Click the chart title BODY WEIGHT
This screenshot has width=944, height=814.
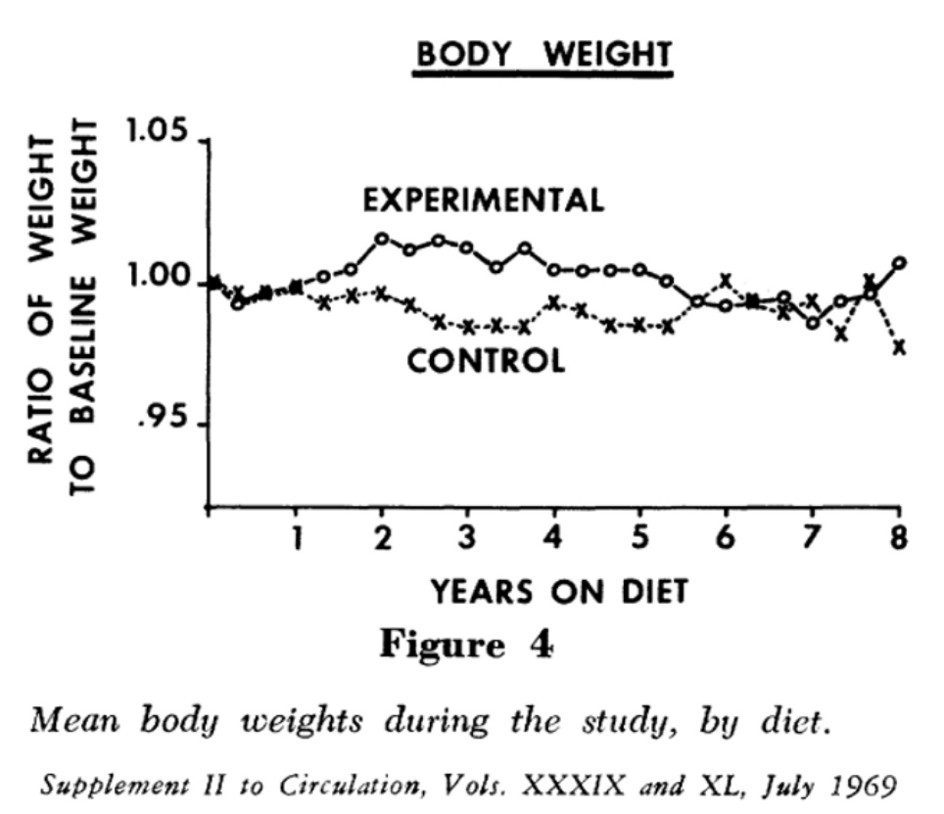point(544,54)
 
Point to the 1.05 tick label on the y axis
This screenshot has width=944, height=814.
point(157,134)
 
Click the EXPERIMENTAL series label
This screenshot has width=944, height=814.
point(484,201)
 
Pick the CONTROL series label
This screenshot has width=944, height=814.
point(486,362)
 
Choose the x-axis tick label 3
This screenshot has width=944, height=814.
point(468,539)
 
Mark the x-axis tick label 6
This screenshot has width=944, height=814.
point(726,539)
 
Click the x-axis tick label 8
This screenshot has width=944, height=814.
point(898,539)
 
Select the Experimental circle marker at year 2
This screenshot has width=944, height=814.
point(382,238)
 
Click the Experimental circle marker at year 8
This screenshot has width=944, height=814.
point(899,262)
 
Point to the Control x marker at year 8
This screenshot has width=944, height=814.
point(899,346)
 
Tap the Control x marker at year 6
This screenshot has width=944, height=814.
point(726,281)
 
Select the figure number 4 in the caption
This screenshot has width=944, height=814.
point(542,646)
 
